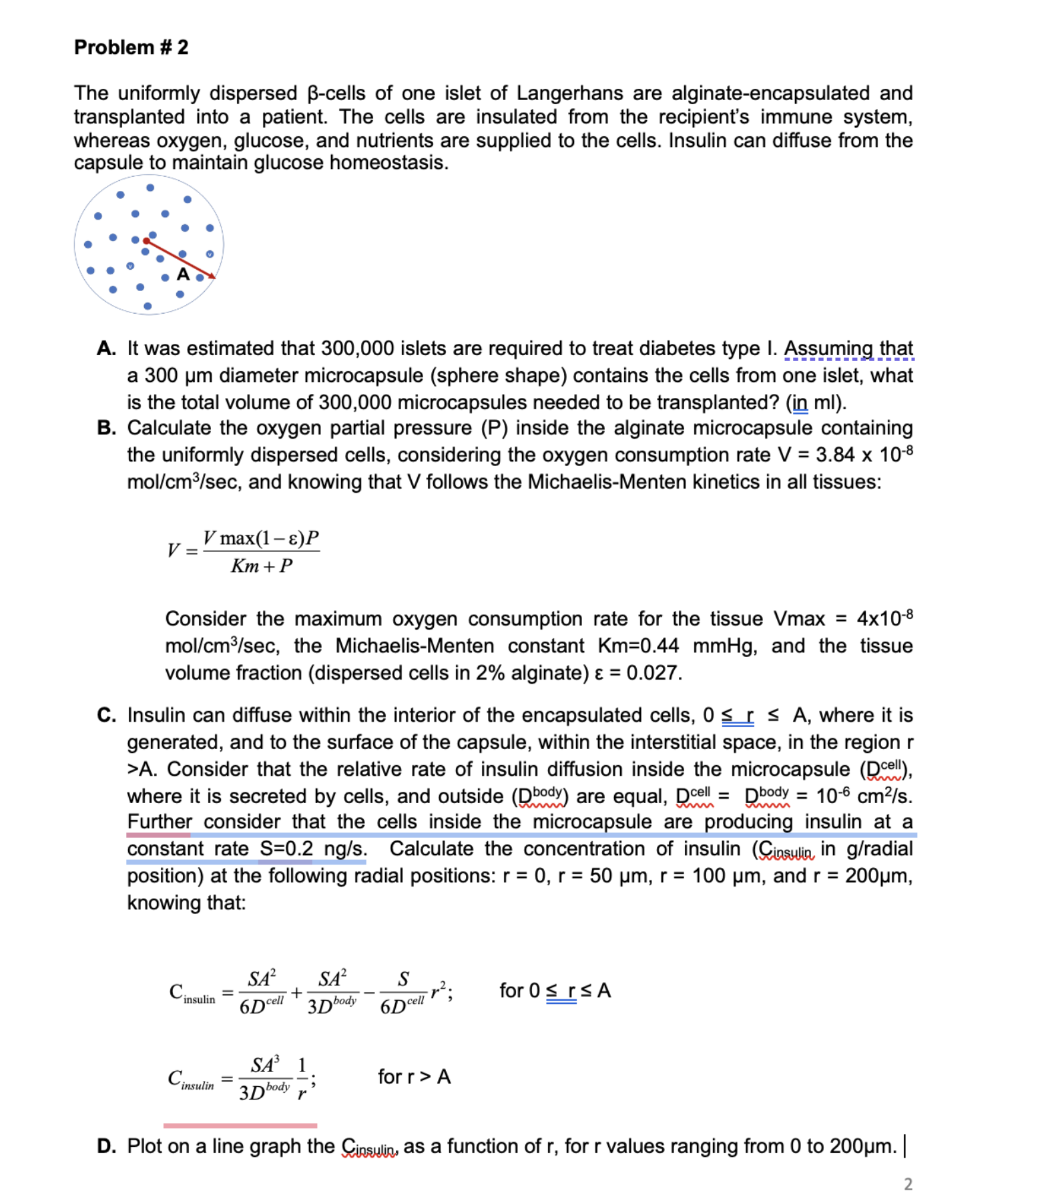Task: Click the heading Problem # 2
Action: pos(131,47)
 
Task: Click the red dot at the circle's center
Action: pos(146,241)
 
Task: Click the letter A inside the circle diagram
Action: pos(183,274)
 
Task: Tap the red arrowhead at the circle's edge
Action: pos(212,276)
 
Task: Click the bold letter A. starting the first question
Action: pos(106,348)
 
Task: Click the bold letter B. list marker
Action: pos(106,428)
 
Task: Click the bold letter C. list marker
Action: pos(106,715)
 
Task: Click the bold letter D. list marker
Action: pos(106,1146)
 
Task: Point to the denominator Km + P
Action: pos(262,566)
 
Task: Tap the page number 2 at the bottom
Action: pos(907,1184)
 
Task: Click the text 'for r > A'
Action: pos(414,1077)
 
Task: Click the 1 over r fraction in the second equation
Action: pos(302,1080)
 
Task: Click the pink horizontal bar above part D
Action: pos(240,1126)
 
